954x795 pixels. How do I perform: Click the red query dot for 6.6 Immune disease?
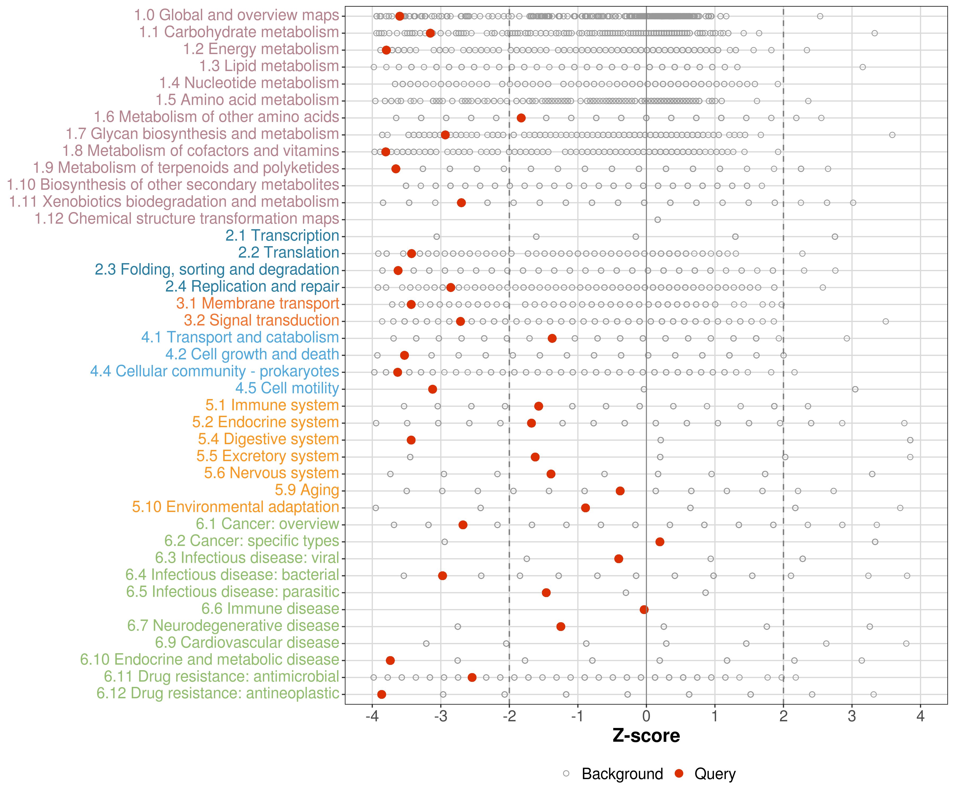[644, 609]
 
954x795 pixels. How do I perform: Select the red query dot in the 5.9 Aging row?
[620, 491]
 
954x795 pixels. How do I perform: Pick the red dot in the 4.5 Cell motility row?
[432, 389]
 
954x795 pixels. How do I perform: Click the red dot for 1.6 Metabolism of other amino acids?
[521, 118]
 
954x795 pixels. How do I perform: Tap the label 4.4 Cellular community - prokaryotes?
[214, 371]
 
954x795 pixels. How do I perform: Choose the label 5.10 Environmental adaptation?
[235, 506]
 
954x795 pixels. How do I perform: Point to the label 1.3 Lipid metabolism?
[269, 66]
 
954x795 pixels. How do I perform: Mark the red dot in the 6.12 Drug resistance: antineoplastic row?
[382, 694]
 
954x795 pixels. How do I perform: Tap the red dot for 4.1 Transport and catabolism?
[552, 338]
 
